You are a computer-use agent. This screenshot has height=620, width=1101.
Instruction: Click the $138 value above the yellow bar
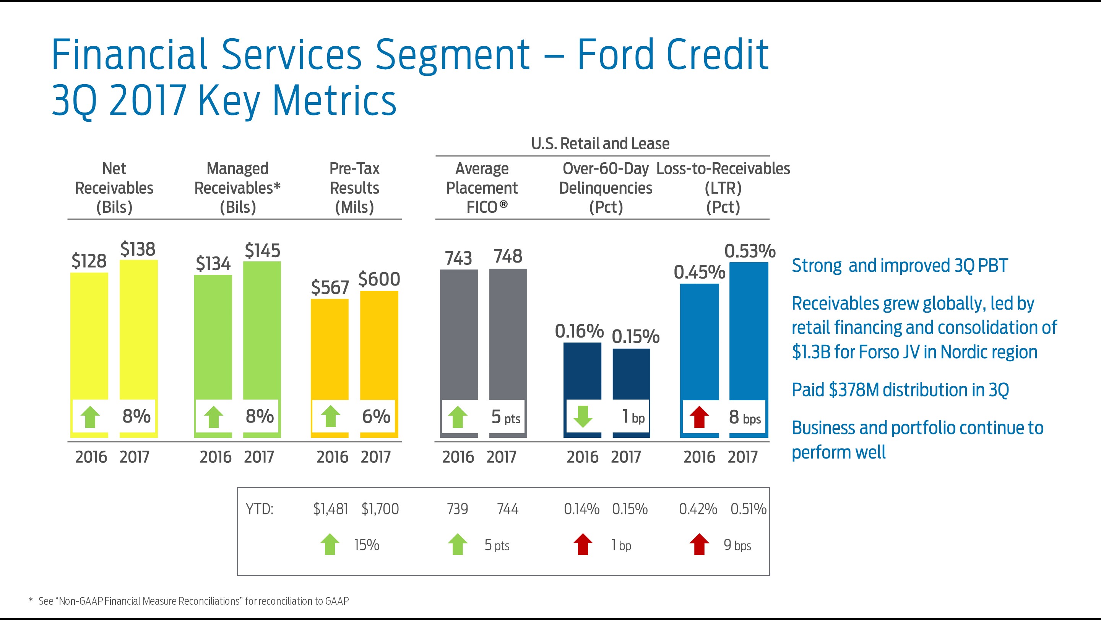(138, 249)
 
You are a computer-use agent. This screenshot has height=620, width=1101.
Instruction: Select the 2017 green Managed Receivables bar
(261, 330)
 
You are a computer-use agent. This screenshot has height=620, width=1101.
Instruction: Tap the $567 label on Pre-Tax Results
(330, 287)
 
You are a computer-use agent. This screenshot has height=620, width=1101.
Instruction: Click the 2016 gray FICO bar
(459, 334)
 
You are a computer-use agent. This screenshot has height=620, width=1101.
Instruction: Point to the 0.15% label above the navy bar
(635, 336)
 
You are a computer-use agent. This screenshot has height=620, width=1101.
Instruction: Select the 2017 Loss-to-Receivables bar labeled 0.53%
(749, 330)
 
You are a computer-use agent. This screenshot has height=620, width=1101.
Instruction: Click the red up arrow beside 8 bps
(699, 417)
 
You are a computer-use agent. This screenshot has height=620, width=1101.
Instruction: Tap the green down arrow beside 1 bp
(583, 417)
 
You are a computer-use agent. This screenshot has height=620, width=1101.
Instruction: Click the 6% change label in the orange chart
(376, 416)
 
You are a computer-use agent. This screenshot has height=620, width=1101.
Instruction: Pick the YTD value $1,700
(380, 509)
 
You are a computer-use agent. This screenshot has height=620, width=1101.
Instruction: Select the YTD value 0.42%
(698, 509)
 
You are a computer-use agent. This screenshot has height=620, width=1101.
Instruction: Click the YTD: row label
(259, 509)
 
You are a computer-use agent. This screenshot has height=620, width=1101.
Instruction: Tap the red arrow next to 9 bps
(699, 544)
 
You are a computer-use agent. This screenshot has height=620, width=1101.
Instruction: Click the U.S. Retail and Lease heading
(600, 144)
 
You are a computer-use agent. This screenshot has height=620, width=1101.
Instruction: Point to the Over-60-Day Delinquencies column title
(605, 188)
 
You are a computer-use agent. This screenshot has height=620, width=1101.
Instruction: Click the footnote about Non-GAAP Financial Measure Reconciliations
(193, 601)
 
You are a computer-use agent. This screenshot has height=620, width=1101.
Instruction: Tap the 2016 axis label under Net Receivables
(91, 457)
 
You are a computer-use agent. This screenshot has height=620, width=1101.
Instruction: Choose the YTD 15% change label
(366, 545)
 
